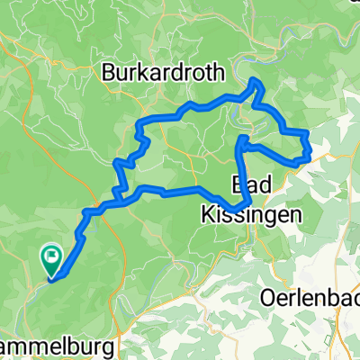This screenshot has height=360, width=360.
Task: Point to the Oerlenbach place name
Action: point(310,295)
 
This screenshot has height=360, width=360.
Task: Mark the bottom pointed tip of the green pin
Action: point(51,277)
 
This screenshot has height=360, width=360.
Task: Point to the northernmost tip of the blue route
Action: point(256,81)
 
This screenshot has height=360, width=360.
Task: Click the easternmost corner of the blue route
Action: point(310,155)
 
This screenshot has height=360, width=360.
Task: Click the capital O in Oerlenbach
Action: point(269,295)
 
